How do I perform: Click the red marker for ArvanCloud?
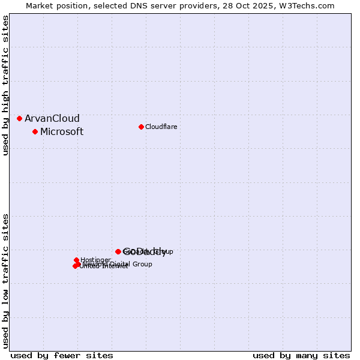(19, 118)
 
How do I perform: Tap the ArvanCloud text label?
(52, 118)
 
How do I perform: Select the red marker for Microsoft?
(35, 131)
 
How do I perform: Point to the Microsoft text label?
(62, 131)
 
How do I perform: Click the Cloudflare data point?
(141, 127)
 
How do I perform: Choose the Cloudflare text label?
(161, 127)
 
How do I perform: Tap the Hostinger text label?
(95, 260)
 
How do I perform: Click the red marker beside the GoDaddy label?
(118, 251)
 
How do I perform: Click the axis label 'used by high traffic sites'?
(6, 85)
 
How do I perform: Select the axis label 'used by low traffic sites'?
(6, 280)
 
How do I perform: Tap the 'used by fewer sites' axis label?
(62, 355)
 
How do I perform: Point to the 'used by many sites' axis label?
(301, 355)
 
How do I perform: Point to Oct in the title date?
(244, 5)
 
